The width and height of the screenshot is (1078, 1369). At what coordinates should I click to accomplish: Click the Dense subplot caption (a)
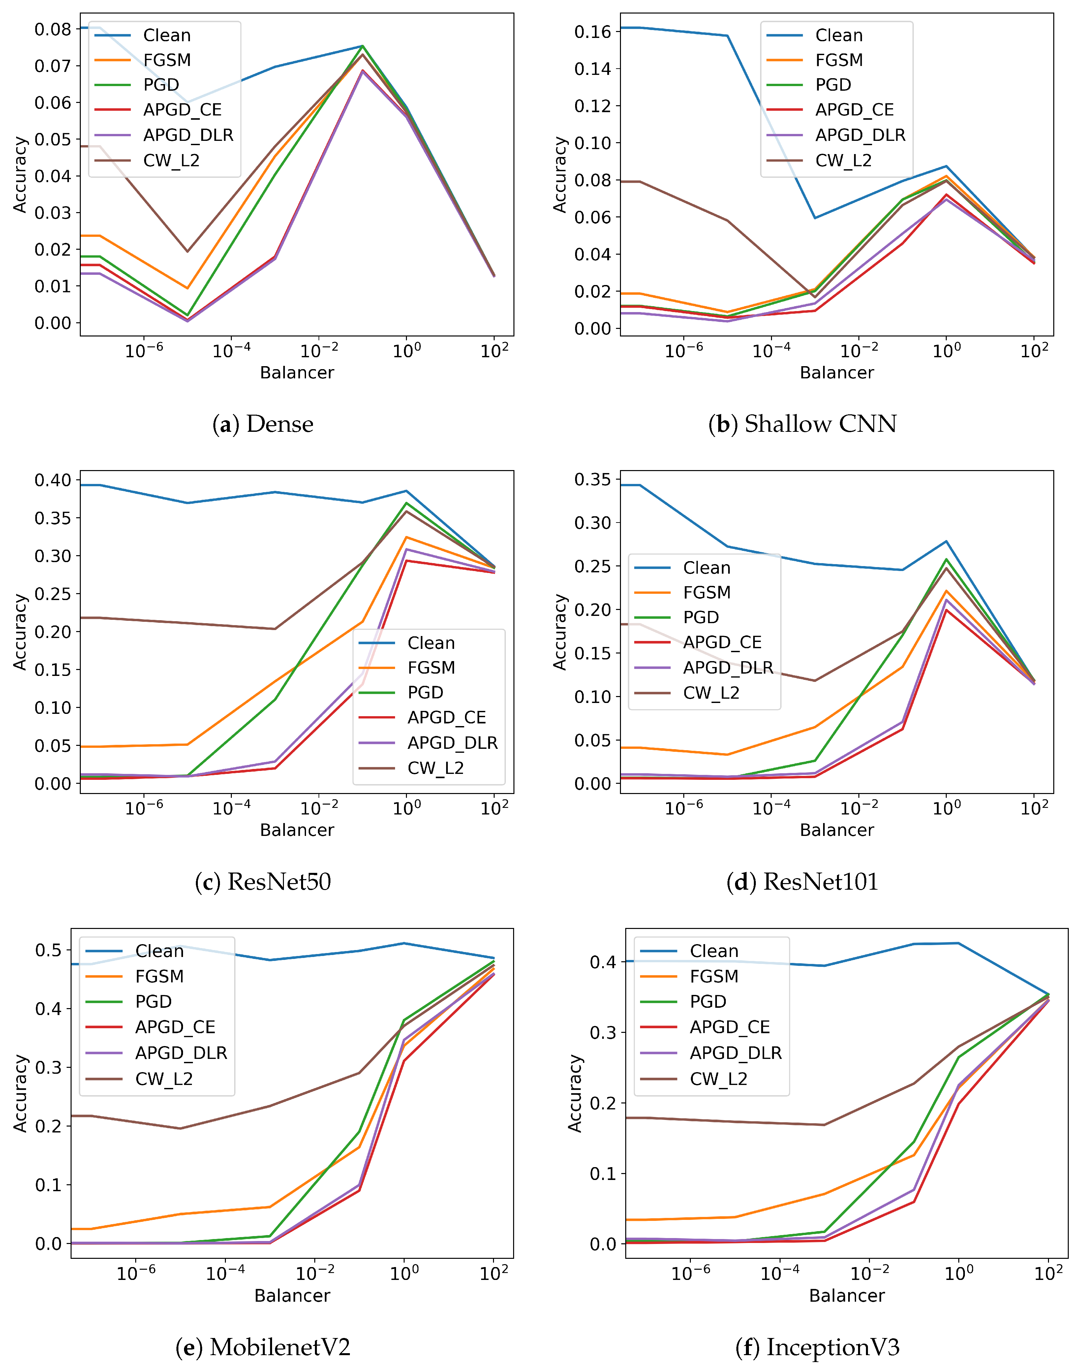pos(262,424)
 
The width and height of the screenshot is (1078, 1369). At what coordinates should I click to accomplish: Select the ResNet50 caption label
pos(262,881)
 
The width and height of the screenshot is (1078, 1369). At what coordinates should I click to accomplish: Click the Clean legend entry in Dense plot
pos(143,35)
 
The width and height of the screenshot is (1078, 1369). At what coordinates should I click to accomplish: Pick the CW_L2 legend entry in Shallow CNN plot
pos(819,160)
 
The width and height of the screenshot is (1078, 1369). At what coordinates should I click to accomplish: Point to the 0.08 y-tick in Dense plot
pos(53,29)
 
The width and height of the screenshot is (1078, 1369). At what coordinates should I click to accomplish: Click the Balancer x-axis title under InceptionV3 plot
pos(847,1296)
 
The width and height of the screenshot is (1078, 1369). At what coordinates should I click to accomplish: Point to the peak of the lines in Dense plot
pos(362,46)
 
